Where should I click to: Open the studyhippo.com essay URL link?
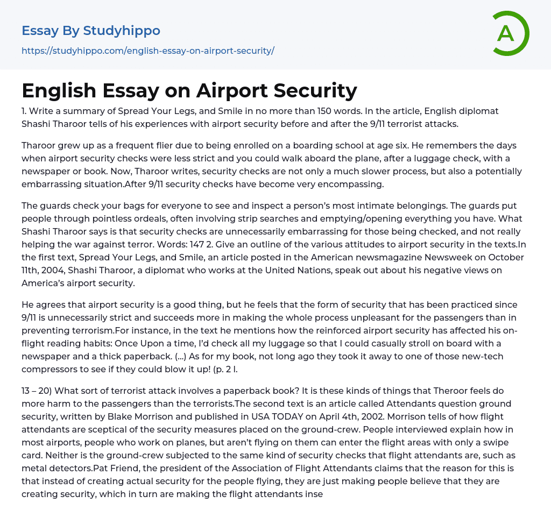tap(148, 51)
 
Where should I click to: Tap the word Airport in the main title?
tap(233, 90)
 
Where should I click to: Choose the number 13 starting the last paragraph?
tap(27, 391)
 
